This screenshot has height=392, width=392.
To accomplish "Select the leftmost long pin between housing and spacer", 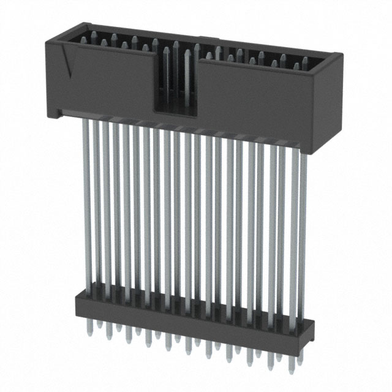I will click(86, 202).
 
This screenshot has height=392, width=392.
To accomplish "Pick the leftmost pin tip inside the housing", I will click(84, 38).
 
